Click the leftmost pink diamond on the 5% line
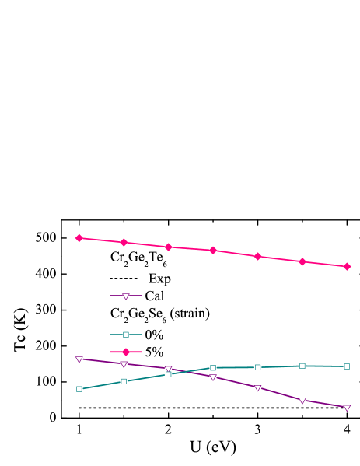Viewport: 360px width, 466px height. tap(79, 237)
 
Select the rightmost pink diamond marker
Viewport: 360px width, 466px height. tap(347, 266)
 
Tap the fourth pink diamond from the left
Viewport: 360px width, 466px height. tap(212, 250)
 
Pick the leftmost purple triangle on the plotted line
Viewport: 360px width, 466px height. tap(79, 359)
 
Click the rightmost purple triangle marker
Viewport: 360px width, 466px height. tap(347, 408)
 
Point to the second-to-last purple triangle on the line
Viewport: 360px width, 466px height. tap(302, 400)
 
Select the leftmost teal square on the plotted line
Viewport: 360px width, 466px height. tap(79, 389)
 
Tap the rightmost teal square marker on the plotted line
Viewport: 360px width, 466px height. tap(347, 366)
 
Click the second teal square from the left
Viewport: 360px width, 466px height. tap(124, 381)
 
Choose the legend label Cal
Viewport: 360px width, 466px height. tap(154, 296)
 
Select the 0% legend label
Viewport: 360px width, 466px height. tap(154, 335)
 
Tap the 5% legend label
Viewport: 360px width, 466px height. tap(154, 352)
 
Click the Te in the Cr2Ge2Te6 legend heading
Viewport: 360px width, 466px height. tap(156, 257)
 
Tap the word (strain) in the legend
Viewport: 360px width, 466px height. tap(190, 313)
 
